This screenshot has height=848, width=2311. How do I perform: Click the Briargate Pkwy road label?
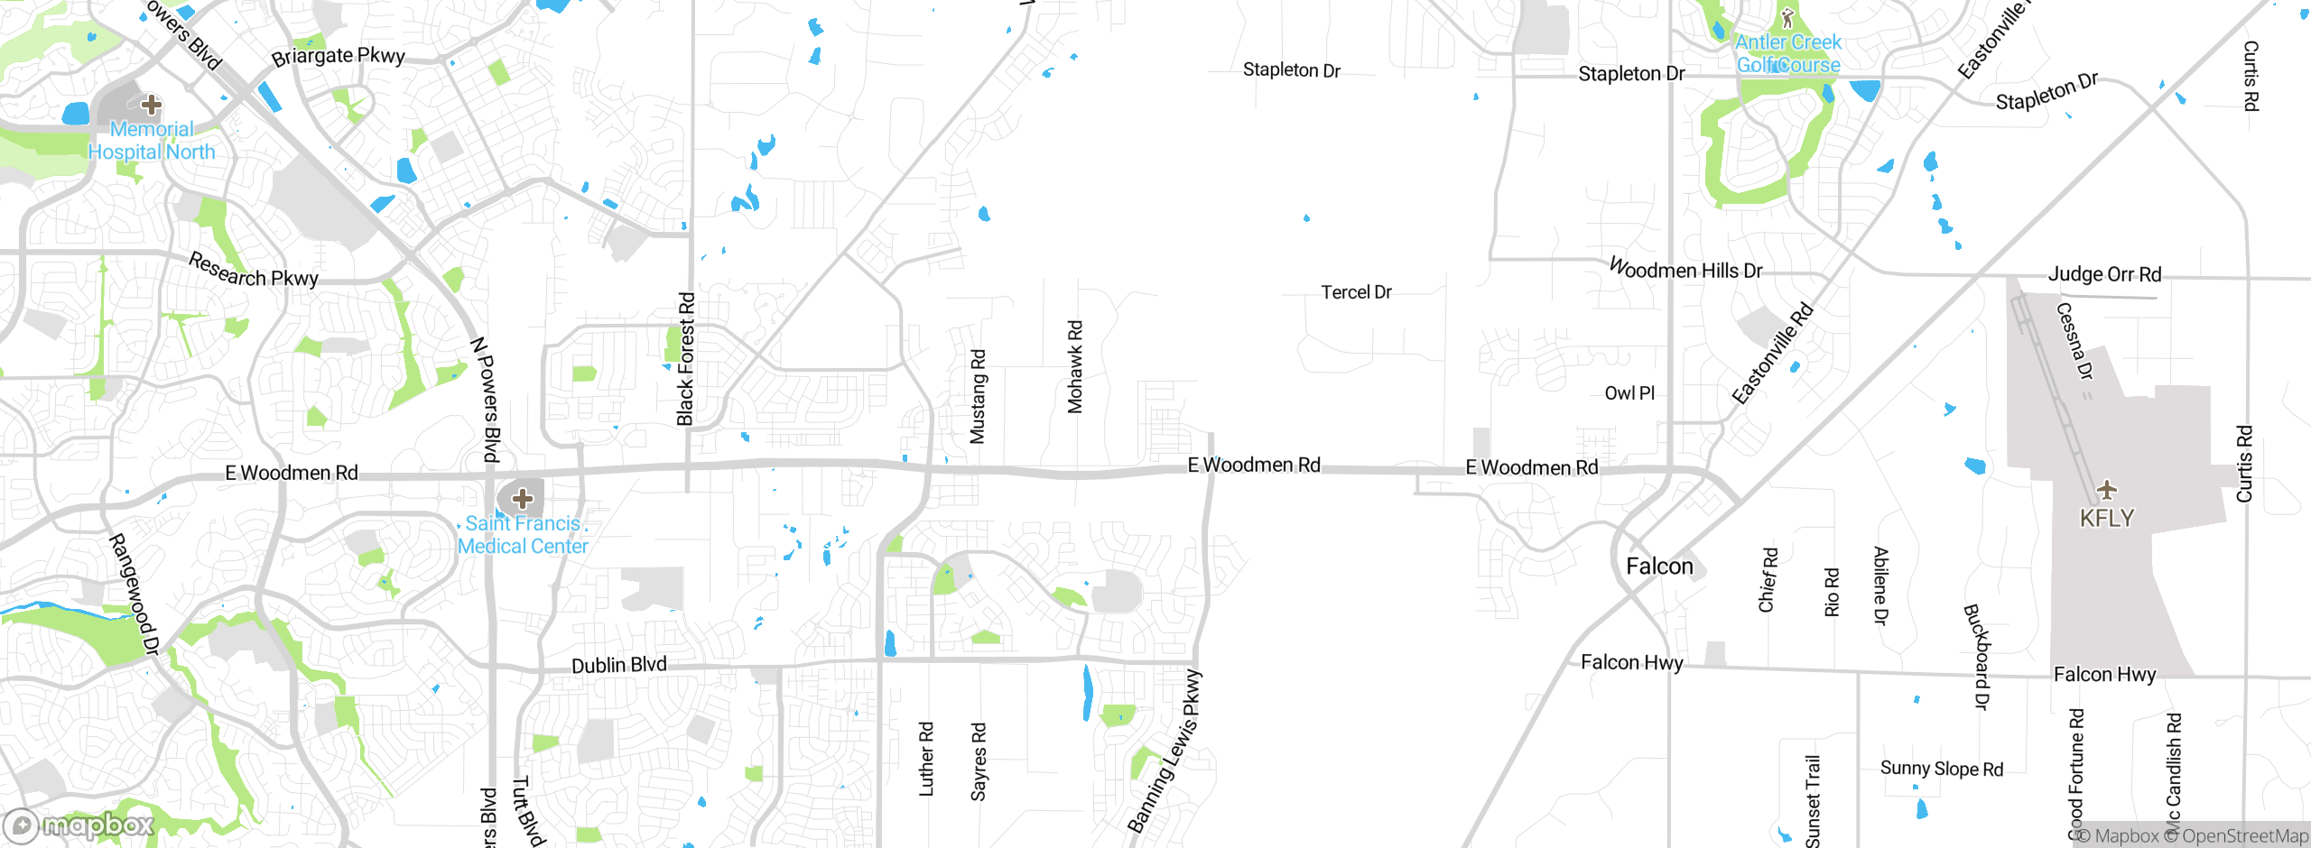339,56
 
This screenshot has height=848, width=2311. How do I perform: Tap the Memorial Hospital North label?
152,141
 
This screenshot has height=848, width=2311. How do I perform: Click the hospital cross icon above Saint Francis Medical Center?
522,498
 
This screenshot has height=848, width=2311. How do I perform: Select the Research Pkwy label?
254,271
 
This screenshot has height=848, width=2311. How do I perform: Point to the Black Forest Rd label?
686,358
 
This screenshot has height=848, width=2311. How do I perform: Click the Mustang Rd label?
978,396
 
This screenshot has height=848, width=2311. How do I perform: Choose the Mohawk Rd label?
1075,366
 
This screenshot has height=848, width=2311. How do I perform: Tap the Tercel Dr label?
1356,292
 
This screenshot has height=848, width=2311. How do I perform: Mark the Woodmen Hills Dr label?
1685,270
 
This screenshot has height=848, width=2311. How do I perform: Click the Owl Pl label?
1629,393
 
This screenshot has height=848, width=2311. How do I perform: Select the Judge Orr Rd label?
2104,274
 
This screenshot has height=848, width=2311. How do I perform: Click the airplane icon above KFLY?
2107,490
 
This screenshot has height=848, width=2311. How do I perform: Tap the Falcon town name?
1659,567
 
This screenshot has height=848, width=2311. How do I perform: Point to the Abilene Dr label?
1880,585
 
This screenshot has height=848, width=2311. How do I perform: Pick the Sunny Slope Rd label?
1941,769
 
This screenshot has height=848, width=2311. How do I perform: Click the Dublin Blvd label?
619,666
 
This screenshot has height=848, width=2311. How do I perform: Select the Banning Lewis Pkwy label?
1165,751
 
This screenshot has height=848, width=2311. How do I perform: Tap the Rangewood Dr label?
135,594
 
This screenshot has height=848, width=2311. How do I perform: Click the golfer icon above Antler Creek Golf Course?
1787,18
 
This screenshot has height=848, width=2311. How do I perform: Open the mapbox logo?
79,825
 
